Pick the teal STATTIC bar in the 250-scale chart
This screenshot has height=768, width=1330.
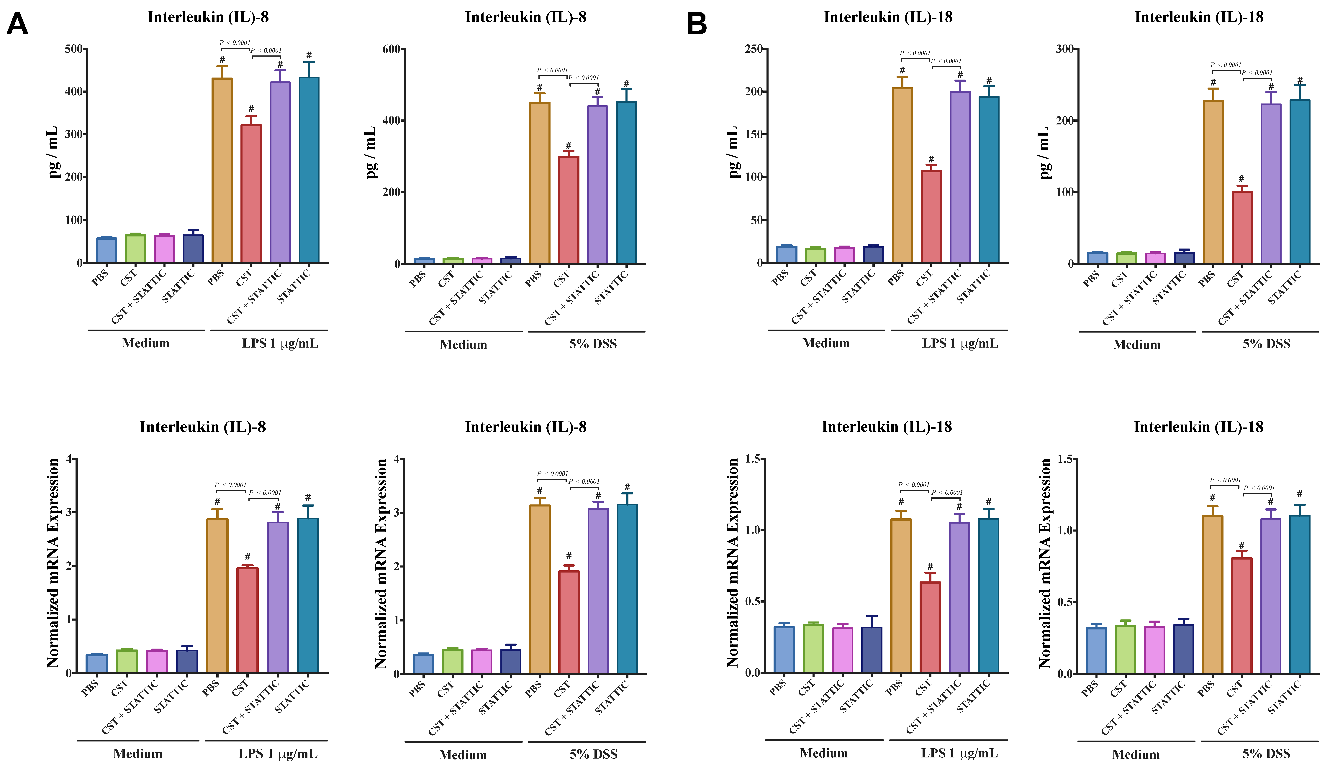[x=989, y=179]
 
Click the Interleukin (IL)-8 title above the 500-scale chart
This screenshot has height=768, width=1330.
[x=208, y=17]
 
